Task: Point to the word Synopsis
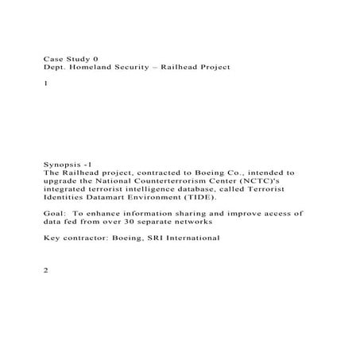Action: tap(63, 162)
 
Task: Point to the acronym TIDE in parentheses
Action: tap(181, 199)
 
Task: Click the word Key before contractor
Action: tap(51, 238)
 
